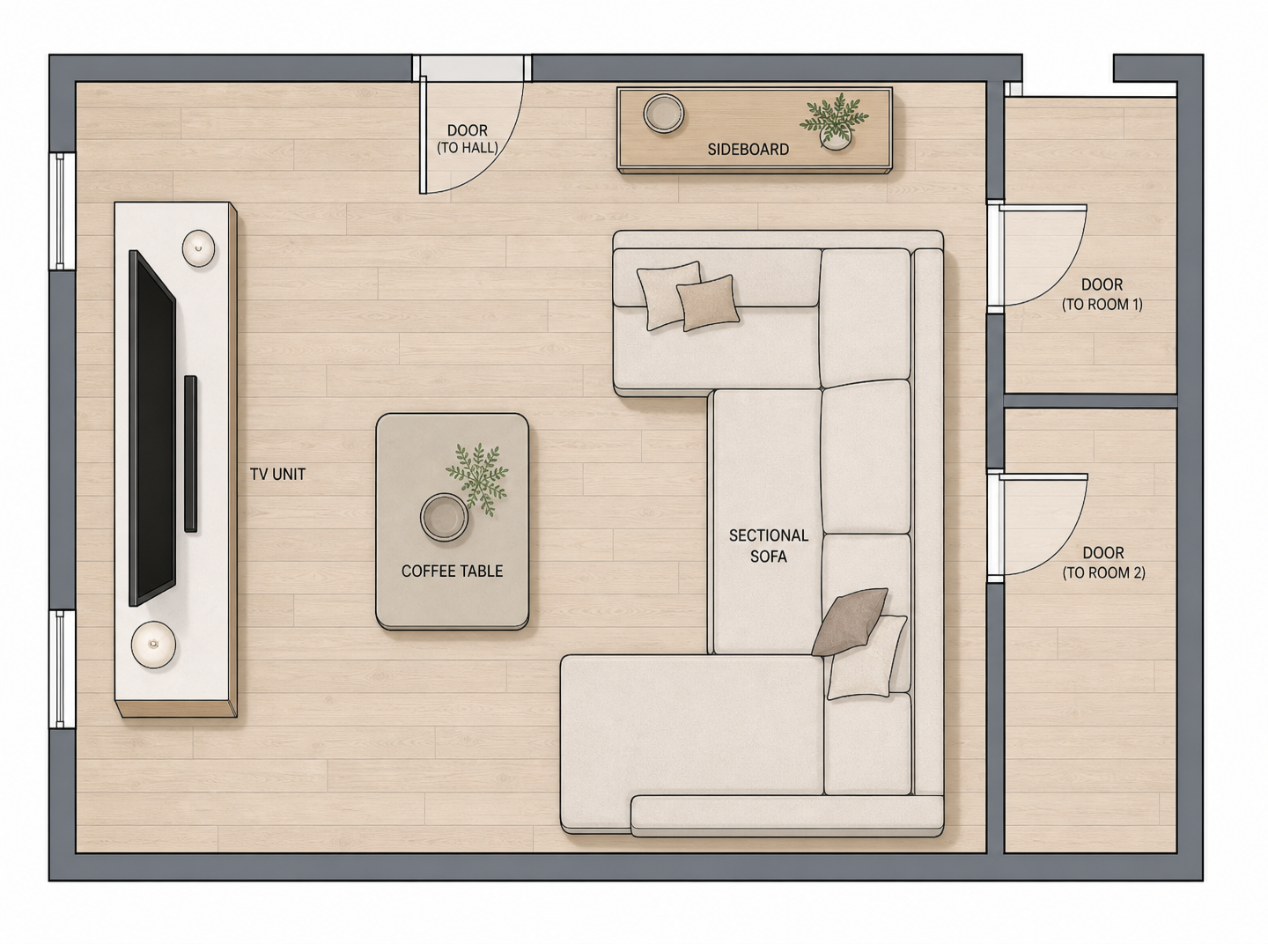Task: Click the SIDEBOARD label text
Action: point(748,149)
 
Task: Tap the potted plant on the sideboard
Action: point(834,122)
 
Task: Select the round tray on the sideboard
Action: point(663,114)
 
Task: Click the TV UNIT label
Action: point(277,474)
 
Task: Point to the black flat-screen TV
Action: point(151,428)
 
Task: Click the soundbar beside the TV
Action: point(190,454)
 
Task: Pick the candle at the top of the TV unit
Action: point(198,248)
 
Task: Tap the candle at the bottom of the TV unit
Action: point(153,645)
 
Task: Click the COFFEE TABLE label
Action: point(452,572)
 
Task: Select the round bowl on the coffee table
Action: point(444,517)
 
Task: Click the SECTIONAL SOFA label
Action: point(769,546)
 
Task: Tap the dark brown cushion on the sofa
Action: point(850,622)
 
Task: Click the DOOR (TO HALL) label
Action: point(468,139)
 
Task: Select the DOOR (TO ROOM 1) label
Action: point(1102,294)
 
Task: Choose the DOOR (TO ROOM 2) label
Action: point(1103,563)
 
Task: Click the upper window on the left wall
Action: point(62,211)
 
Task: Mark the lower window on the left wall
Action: point(62,669)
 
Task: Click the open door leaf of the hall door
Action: point(423,135)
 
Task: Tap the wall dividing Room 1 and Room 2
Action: point(1090,401)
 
